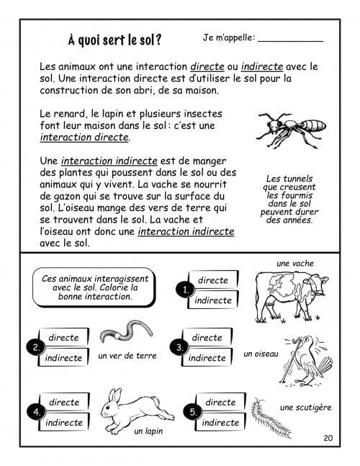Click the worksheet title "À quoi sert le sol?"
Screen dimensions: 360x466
(114, 40)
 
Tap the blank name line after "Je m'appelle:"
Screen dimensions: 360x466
(290, 42)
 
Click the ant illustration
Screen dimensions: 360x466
(291, 129)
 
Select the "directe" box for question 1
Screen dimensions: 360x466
(213, 279)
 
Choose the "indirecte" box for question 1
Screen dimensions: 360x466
(213, 300)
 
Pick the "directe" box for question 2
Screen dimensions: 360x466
(64, 337)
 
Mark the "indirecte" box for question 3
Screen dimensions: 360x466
(207, 357)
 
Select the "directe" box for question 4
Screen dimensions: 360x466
(65, 402)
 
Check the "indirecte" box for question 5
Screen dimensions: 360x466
(220, 422)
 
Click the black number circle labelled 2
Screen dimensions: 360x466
(36, 347)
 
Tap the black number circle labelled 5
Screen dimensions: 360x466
(192, 411)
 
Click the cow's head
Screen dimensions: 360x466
(318, 284)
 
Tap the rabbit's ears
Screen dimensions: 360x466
(115, 396)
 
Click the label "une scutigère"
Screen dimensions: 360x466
(305, 407)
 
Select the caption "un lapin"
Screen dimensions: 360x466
(148, 431)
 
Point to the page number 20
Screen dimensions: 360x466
(328, 438)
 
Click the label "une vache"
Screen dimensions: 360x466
(295, 264)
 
